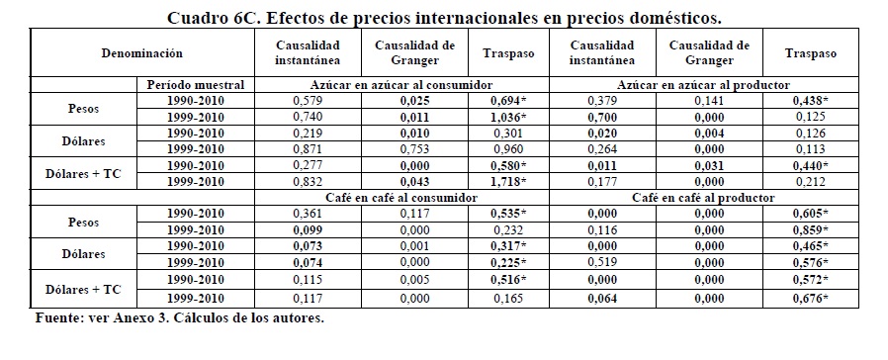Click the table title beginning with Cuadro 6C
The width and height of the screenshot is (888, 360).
click(x=444, y=18)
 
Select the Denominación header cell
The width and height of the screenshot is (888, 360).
click(x=142, y=53)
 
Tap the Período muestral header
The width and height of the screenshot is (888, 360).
click(x=196, y=85)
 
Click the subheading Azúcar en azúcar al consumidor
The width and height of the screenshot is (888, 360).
click(x=401, y=85)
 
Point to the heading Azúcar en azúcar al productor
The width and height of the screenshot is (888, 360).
click(x=703, y=85)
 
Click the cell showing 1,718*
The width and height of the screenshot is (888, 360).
click(x=508, y=182)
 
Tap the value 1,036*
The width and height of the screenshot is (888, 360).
click(x=508, y=117)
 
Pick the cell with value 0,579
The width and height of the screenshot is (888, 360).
click(x=308, y=101)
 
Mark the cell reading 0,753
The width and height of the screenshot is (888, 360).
click(x=414, y=149)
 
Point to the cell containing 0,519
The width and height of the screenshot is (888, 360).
click(x=602, y=262)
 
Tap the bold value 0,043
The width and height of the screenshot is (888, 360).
click(x=414, y=182)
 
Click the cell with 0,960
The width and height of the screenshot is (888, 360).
click(x=508, y=149)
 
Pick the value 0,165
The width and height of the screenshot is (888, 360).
click(x=508, y=299)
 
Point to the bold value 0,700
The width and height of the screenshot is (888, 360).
click(x=602, y=117)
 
